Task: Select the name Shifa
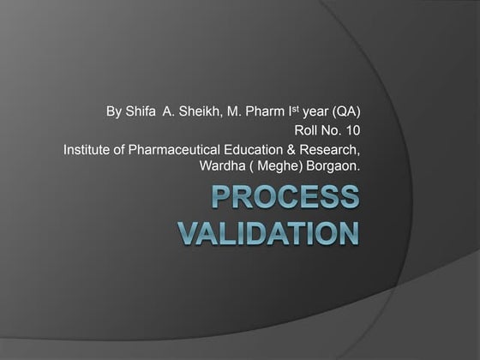tap(140, 111)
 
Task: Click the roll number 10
tap(351, 131)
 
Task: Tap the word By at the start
tap(113, 111)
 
